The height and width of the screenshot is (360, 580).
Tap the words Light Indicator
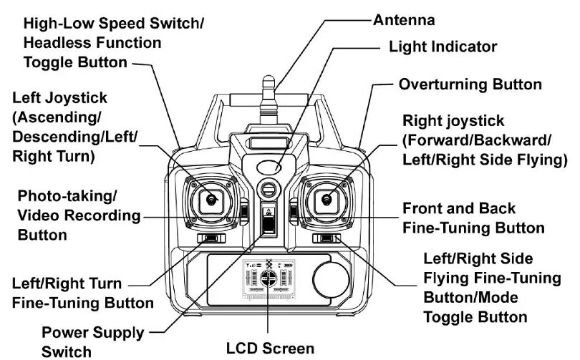(443, 47)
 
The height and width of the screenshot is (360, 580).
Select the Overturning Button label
(470, 84)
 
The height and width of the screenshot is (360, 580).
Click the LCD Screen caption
(270, 349)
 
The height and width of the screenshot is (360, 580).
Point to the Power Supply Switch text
(92, 341)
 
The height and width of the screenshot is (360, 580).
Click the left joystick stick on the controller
(210, 200)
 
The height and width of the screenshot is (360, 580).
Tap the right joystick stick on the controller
(327, 200)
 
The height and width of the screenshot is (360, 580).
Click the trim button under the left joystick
(209, 239)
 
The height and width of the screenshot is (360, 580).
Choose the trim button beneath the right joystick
(327, 239)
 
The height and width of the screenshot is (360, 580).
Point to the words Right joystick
(453, 121)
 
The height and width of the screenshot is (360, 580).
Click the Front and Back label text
(458, 209)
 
